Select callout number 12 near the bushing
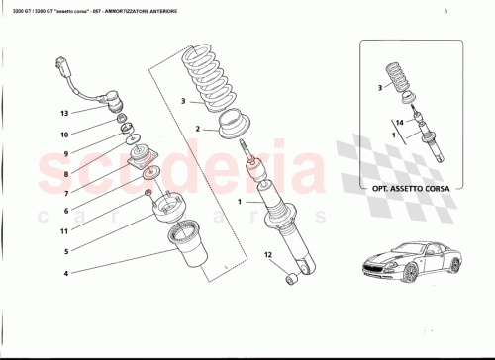(x=266, y=256)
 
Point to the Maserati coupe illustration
(x=414, y=260)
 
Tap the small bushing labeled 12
(x=292, y=280)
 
